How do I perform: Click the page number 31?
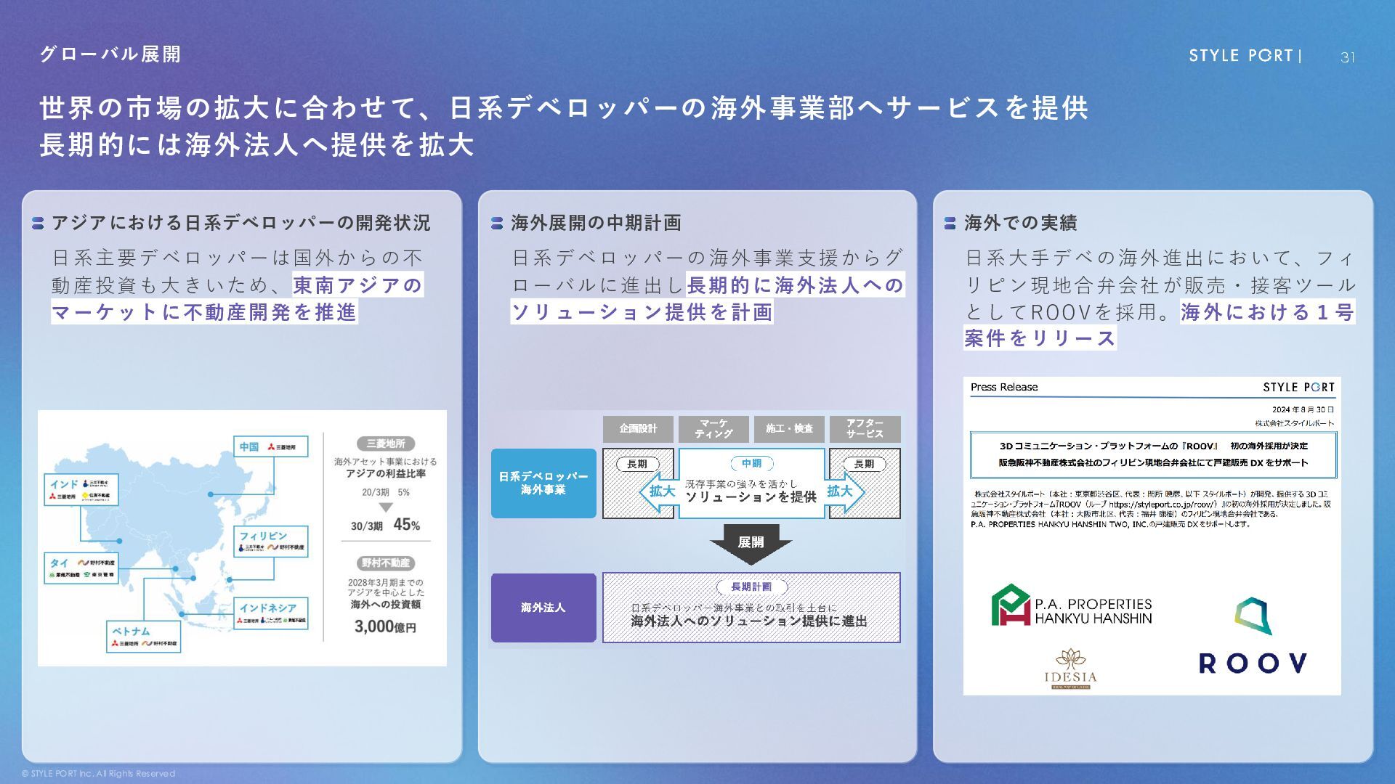tap(1347, 57)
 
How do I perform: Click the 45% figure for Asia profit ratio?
tap(406, 525)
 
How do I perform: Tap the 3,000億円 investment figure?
tap(385, 626)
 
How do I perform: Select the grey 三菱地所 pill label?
tap(386, 444)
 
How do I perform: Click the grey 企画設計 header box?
tap(638, 429)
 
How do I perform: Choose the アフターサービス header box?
tap(864, 429)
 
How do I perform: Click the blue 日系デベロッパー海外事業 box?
tap(543, 483)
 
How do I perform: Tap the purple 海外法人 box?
tap(543, 608)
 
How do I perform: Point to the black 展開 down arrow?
tap(751, 543)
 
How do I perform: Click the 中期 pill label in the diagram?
tap(751, 464)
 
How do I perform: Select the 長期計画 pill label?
tap(751, 587)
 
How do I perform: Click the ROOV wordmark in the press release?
tap(1253, 663)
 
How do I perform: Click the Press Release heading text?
tap(1004, 387)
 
